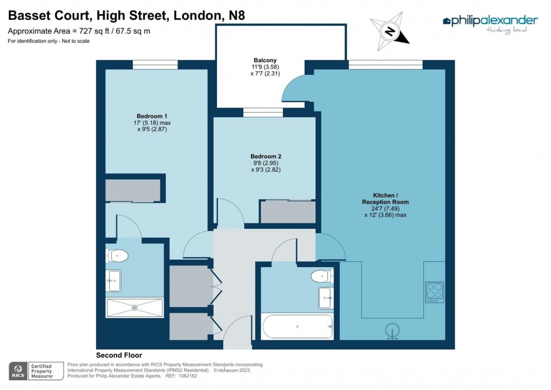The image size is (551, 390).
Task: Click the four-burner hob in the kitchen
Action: click(x=434, y=291)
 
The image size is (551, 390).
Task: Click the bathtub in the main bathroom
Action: click(x=298, y=326)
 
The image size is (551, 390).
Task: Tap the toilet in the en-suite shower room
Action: click(x=117, y=255)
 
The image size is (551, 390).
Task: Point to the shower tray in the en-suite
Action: click(x=135, y=308)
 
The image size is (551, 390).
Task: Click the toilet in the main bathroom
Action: click(x=321, y=276)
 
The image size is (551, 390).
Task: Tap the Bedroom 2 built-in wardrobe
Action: click(x=288, y=212)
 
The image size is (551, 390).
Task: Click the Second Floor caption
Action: click(x=119, y=355)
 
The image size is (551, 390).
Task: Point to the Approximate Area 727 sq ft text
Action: click(x=79, y=31)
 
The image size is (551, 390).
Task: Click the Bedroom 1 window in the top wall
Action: click(x=155, y=65)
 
